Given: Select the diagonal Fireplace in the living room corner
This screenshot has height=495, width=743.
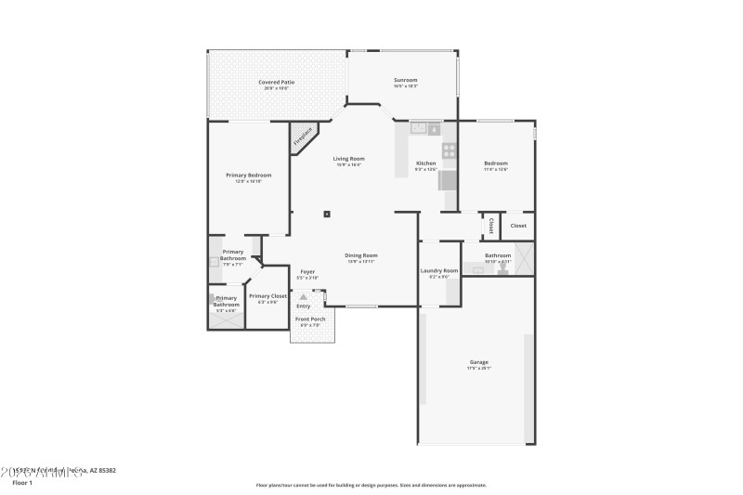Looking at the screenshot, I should (304, 137).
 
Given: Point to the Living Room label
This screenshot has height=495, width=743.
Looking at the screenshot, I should (348, 159).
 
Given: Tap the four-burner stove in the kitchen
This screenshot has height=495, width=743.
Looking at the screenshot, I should (449, 150).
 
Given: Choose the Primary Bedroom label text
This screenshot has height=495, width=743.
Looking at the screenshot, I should (248, 175).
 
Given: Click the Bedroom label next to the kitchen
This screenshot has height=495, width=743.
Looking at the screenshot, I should (495, 163).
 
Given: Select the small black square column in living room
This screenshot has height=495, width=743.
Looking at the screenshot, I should (327, 214).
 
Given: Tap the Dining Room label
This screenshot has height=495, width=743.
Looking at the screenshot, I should (361, 255).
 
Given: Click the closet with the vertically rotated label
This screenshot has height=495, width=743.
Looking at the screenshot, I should (490, 226).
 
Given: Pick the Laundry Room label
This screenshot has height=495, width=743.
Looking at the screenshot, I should (439, 270).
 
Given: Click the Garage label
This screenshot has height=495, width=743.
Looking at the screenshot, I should (478, 362).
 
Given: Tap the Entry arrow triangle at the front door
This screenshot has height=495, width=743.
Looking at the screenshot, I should (303, 297).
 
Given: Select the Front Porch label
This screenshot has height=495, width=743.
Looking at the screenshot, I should (309, 319).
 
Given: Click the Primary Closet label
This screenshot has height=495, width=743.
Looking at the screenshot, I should (267, 296).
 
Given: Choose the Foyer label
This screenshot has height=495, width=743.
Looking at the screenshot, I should (307, 272).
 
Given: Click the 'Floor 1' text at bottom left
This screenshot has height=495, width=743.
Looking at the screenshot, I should (22, 483).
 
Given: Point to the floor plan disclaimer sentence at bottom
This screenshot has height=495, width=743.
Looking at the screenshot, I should (371, 485).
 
